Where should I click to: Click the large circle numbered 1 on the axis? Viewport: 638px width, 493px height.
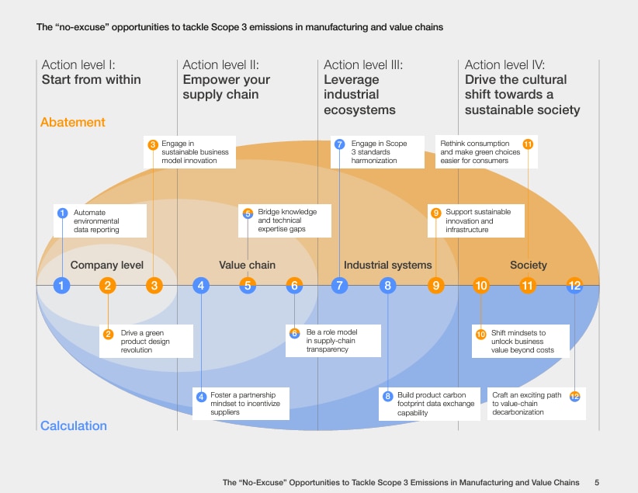tap(61, 286)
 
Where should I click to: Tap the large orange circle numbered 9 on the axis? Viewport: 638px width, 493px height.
tap(435, 286)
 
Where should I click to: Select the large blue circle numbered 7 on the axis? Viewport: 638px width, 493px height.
tap(339, 286)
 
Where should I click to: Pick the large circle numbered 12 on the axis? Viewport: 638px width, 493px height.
tap(574, 286)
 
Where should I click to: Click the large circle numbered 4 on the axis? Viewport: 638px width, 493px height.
tap(201, 286)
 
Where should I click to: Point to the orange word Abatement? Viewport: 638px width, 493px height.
tap(72, 123)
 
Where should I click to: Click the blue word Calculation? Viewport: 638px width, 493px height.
tap(73, 425)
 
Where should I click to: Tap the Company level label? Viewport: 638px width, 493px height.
tap(107, 266)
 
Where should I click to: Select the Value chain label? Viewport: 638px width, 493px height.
tap(247, 266)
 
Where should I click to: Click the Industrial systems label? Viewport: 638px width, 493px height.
tap(387, 266)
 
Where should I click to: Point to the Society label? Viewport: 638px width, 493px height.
tap(528, 266)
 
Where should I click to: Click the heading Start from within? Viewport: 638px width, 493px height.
tap(91, 80)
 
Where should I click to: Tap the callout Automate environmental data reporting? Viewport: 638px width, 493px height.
tap(99, 220)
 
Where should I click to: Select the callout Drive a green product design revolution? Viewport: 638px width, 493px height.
tap(146, 342)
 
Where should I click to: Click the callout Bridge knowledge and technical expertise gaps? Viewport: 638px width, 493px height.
tap(285, 220)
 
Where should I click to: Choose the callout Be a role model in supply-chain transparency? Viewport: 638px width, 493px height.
tap(332, 342)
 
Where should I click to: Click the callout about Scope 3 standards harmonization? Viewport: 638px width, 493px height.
tap(379, 152)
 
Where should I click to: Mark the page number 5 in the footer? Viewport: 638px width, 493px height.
tap(597, 482)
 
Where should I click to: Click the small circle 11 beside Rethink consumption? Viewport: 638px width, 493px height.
tap(528, 144)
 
